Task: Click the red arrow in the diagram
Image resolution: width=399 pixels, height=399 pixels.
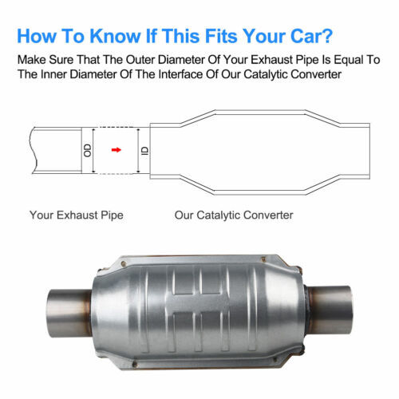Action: pos(117,148)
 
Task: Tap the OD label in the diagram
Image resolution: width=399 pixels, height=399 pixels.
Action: pos(88,149)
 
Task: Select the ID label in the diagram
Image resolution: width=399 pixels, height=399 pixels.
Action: pos(144,149)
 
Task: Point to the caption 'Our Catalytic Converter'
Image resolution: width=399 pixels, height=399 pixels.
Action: pos(234,215)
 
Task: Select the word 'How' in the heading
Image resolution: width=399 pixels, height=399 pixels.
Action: pos(38,37)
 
